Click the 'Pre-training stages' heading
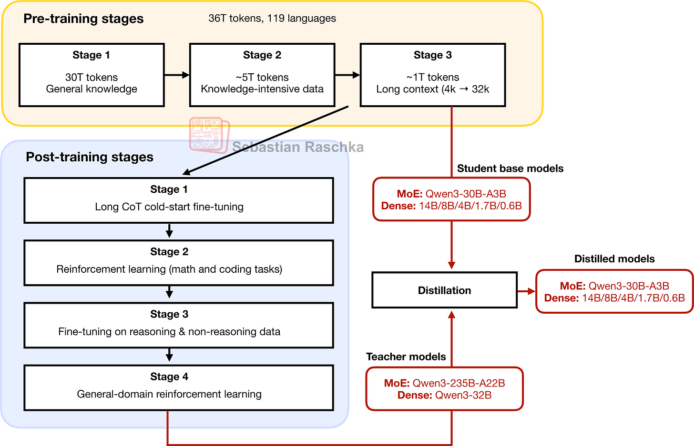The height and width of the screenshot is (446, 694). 83,19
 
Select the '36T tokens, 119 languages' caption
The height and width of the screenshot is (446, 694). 272,19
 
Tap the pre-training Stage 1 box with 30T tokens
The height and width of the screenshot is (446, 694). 92,75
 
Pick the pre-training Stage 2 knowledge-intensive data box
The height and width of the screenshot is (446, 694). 262,75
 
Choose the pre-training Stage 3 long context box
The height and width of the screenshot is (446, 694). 433,75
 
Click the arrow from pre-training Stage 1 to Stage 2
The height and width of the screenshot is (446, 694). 177,75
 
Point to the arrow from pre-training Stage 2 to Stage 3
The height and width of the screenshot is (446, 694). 347,75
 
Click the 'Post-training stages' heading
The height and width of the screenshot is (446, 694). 90,157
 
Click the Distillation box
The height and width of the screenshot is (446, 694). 444,290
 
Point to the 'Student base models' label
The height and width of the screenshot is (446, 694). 510,168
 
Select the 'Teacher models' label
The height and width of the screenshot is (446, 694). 406,357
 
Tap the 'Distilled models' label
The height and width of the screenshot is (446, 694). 614,259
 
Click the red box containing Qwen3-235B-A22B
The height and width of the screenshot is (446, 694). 444,389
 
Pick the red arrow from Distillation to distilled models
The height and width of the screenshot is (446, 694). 526,291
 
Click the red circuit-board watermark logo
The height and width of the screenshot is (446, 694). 209,135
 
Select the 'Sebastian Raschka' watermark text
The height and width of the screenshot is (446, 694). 298,147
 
